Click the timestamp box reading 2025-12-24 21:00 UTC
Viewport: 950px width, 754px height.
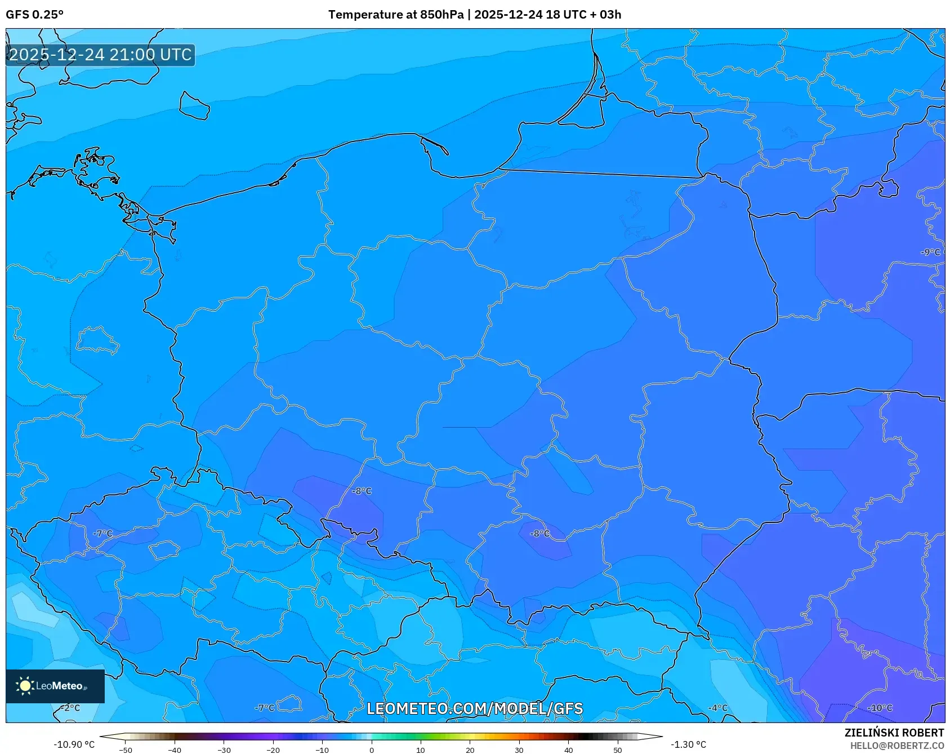100,55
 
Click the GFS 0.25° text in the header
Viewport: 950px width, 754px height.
34,15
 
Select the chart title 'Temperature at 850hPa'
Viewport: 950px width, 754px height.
396,15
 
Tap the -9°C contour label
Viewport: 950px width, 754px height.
930,252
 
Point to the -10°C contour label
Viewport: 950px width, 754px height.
880,708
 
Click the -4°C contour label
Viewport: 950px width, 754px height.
718,708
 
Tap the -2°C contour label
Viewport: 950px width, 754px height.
70,708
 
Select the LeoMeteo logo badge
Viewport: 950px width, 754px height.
55,686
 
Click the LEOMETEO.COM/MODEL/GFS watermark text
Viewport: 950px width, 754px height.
475,709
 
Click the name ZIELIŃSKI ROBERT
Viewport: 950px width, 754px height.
894,733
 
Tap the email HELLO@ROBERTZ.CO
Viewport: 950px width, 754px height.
897,746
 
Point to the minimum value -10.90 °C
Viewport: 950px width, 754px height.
74,744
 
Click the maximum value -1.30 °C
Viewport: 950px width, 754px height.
688,744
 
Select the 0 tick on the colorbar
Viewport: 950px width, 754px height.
372,750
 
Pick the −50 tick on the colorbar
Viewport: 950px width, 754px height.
126,750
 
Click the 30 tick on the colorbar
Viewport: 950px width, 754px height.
519,750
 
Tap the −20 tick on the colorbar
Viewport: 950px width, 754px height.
273,750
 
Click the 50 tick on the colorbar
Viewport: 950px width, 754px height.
618,750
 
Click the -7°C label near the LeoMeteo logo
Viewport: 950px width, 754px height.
265,708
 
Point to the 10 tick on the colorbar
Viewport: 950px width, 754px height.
421,750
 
